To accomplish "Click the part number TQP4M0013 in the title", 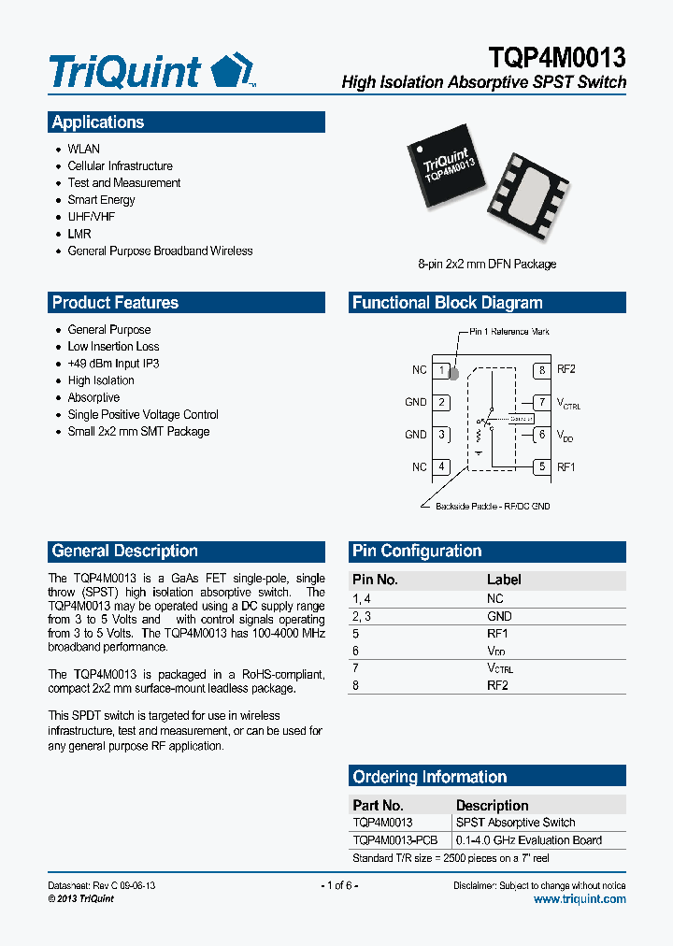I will click(x=556, y=57).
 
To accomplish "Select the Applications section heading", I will click(x=98, y=122).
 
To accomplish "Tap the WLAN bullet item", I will click(x=83, y=149).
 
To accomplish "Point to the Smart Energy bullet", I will click(x=101, y=200).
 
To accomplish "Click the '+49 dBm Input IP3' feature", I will click(x=113, y=364).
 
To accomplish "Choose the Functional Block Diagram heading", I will click(x=447, y=303).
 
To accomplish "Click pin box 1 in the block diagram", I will click(x=441, y=370).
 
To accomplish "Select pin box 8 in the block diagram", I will click(x=541, y=370).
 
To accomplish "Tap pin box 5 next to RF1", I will click(x=541, y=466).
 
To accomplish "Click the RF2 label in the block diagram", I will click(x=566, y=370).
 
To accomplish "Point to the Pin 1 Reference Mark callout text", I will click(x=509, y=332).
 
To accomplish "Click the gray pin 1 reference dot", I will click(x=454, y=376).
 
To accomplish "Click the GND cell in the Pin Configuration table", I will click(x=499, y=616).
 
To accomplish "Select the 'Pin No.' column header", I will click(x=375, y=580).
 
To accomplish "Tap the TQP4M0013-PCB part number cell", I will click(x=394, y=839).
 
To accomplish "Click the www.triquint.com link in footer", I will click(x=580, y=899).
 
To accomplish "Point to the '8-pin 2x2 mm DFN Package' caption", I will click(x=487, y=265).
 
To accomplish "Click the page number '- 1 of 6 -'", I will click(x=339, y=885).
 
